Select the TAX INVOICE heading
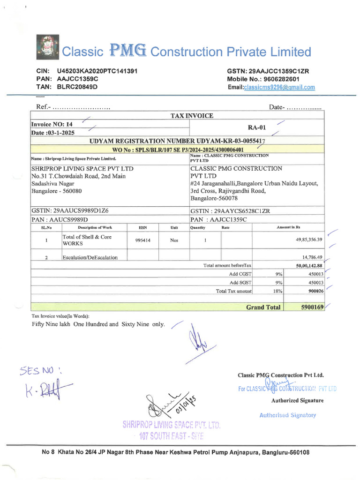pos(192,115)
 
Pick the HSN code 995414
pos(143,240)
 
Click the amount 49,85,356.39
pos(303,240)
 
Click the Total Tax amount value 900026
pos(314,291)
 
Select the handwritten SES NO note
pos(41,371)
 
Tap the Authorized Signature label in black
pos(297,400)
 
